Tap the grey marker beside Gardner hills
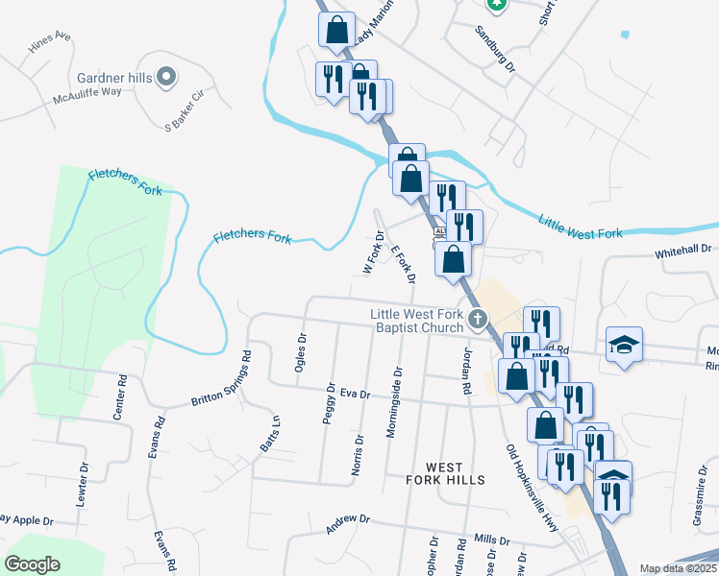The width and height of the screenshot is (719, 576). tap(166, 75)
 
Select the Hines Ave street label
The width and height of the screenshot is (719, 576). tap(50, 44)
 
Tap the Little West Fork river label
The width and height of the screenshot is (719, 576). tap(580, 228)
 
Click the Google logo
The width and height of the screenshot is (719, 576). tap(33, 564)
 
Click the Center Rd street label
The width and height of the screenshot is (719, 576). tap(120, 396)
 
